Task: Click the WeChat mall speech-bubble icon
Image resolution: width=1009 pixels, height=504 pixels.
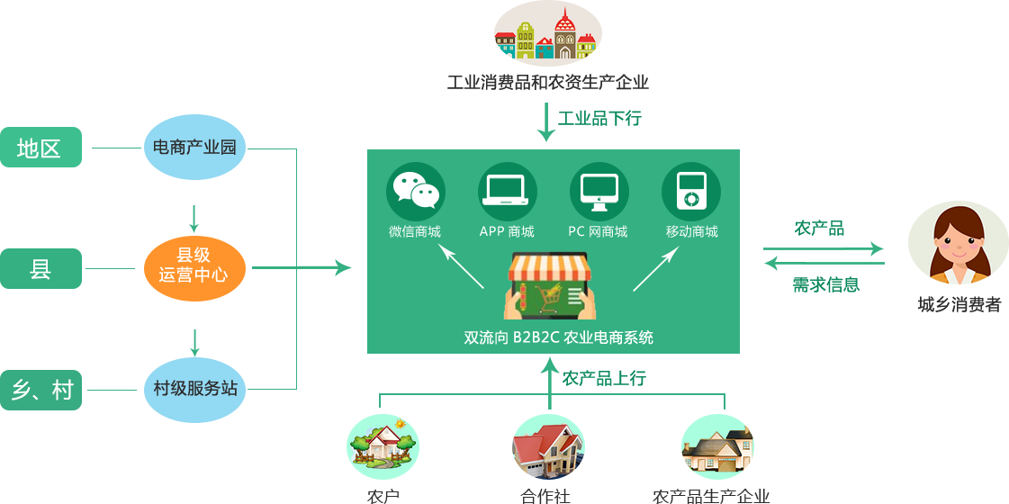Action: coord(416,191)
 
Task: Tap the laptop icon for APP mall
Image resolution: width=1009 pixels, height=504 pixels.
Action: coord(507,191)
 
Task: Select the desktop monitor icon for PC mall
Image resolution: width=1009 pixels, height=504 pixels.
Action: coord(599,191)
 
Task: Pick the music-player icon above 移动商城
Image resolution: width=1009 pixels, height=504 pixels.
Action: coord(690,191)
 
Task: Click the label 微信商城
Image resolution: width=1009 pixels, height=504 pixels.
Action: coord(415,231)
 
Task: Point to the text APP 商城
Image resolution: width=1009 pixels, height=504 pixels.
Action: coord(507,231)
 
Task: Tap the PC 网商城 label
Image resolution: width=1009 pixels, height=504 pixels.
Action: coord(598,231)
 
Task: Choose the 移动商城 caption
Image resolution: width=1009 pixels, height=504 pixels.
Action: coord(691,231)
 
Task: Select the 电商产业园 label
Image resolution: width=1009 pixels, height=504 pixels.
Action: coord(194,148)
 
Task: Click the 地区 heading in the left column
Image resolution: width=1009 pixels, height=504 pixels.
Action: coord(39,148)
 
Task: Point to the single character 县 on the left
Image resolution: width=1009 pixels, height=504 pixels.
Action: coord(41,268)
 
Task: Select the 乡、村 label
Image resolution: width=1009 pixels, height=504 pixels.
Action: coord(41,390)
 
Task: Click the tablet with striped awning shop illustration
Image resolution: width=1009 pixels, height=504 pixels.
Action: coord(549,285)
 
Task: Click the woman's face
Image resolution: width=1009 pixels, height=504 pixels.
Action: coord(958,239)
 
